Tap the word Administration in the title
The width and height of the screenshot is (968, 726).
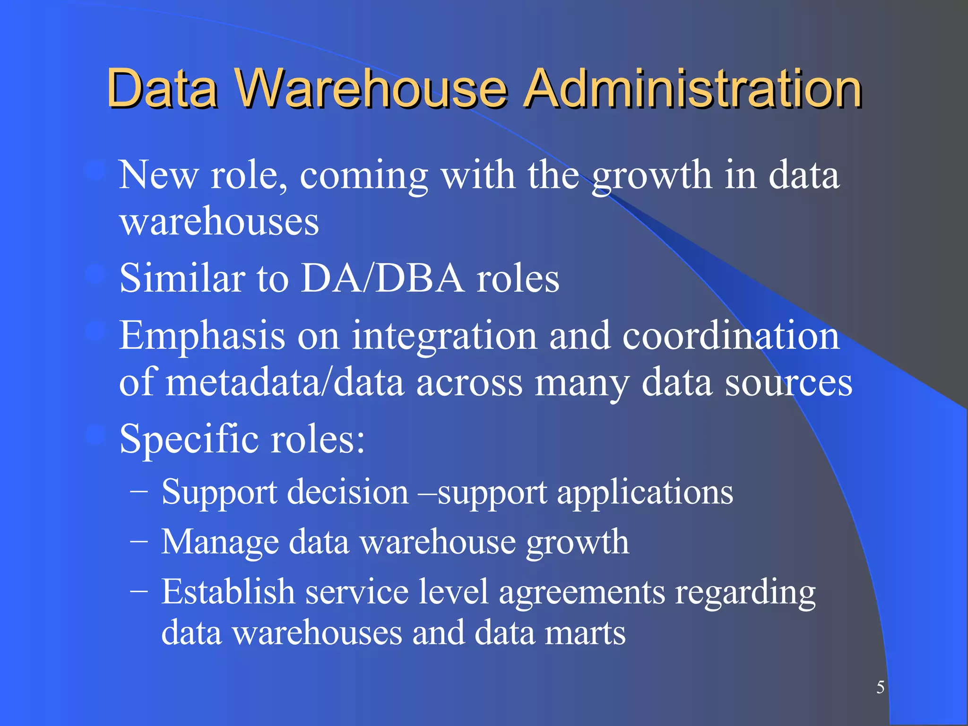pyautogui.click(x=693, y=88)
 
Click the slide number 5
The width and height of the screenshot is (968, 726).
pyautogui.click(x=880, y=687)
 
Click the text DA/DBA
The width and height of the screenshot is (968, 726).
pyautogui.click(x=382, y=278)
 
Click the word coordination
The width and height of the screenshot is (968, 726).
pyautogui.click(x=731, y=336)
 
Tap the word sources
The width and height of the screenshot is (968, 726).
pyautogui.click(x=789, y=383)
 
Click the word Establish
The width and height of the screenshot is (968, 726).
pyautogui.click(x=228, y=591)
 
